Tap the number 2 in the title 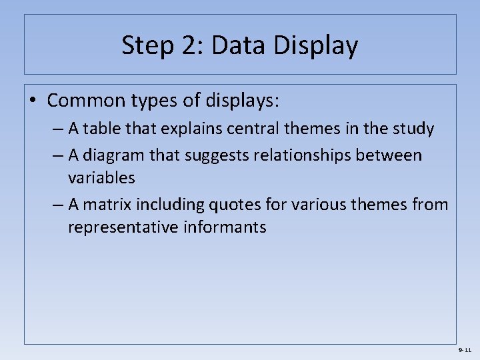[x=186, y=46]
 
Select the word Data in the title [x=230, y=46]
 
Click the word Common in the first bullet [x=88, y=101]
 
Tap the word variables [x=101, y=178]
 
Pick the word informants [x=231, y=227]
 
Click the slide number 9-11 [x=465, y=350]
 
